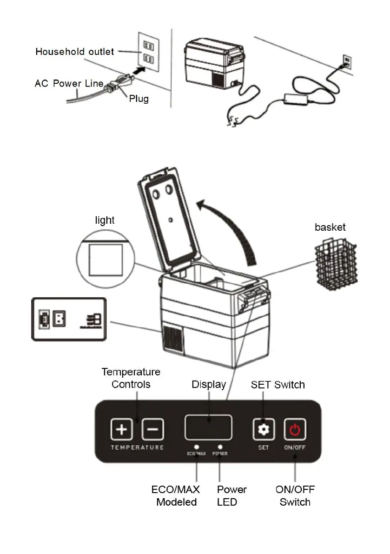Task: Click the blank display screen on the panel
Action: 208,427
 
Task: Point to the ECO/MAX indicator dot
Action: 197,446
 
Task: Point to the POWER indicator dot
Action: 220,446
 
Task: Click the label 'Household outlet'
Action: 74,51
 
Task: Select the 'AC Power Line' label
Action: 68,84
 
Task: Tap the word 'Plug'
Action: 139,99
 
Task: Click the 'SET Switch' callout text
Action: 278,385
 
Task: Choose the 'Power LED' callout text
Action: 231,495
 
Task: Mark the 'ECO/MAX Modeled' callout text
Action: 176,495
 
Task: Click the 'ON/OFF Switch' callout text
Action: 295,495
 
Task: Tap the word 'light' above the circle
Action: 105,220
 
